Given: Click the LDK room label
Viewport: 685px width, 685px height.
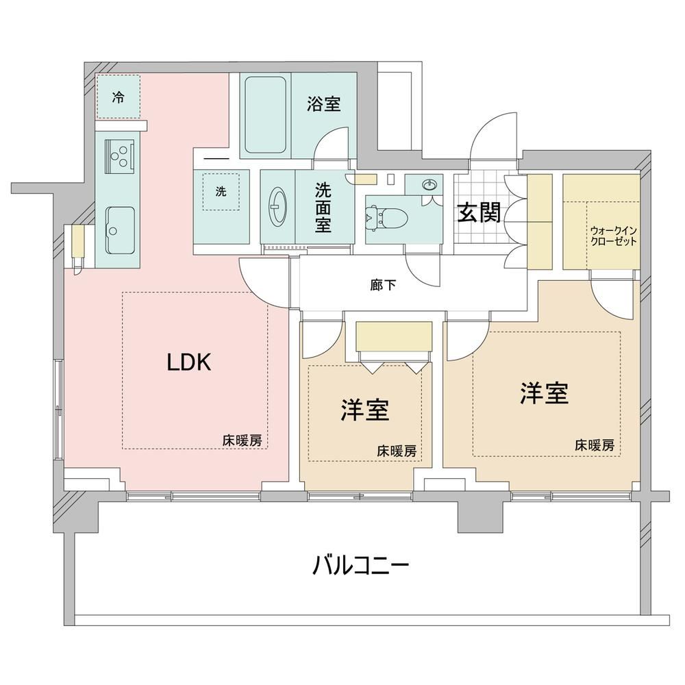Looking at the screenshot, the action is pyautogui.click(x=189, y=362).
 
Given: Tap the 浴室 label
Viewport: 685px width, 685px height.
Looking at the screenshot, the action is pyautogui.click(x=323, y=103).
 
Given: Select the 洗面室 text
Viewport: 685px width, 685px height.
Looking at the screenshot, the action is pyautogui.click(x=323, y=207).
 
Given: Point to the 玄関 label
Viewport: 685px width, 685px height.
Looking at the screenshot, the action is pyautogui.click(x=479, y=213).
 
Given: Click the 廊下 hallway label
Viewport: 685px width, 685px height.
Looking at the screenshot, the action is pyautogui.click(x=383, y=285).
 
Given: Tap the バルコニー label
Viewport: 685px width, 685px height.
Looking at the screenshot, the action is pyautogui.click(x=361, y=566).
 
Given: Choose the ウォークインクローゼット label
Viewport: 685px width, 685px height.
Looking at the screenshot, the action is pyautogui.click(x=613, y=236).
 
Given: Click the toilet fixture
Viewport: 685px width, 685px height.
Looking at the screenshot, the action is pyautogui.click(x=386, y=217).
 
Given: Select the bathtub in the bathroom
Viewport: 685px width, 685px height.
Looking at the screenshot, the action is pyautogui.click(x=265, y=115).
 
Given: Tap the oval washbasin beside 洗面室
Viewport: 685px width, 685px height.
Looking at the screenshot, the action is pyautogui.click(x=277, y=206).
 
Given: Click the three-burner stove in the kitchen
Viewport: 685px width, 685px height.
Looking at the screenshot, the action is pyautogui.click(x=119, y=155).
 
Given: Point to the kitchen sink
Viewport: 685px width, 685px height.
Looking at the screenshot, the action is pyautogui.click(x=119, y=229).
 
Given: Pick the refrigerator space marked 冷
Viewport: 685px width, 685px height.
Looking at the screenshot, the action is pyautogui.click(x=118, y=97).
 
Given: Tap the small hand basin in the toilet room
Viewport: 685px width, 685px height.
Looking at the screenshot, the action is pyautogui.click(x=429, y=185).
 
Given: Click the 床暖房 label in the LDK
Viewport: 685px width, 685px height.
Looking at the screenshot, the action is pyautogui.click(x=242, y=440).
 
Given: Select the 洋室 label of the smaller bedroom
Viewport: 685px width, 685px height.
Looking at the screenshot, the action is pyautogui.click(x=365, y=410).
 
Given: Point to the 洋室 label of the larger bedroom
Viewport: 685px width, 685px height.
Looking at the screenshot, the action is pyautogui.click(x=544, y=393).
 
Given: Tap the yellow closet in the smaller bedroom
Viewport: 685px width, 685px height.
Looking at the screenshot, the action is pyautogui.click(x=394, y=336).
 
